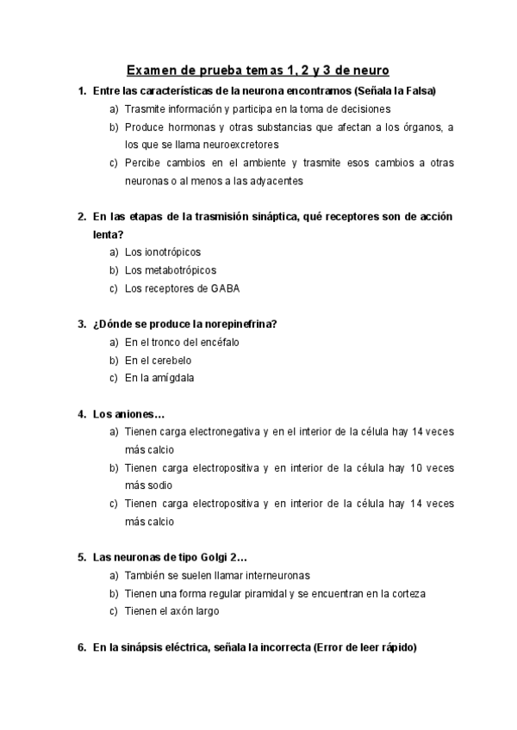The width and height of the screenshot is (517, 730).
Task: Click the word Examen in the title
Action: click(x=153, y=69)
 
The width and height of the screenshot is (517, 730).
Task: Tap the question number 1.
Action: click(x=80, y=91)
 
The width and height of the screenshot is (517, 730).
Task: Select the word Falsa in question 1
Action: click(x=417, y=91)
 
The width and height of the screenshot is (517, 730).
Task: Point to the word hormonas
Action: click(x=182, y=127)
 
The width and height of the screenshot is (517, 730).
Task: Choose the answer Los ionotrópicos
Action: click(x=162, y=252)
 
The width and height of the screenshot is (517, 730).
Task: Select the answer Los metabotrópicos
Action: click(x=170, y=270)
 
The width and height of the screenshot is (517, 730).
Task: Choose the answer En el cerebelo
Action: click(x=158, y=360)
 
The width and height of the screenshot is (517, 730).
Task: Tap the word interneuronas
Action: click(x=268, y=575)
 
